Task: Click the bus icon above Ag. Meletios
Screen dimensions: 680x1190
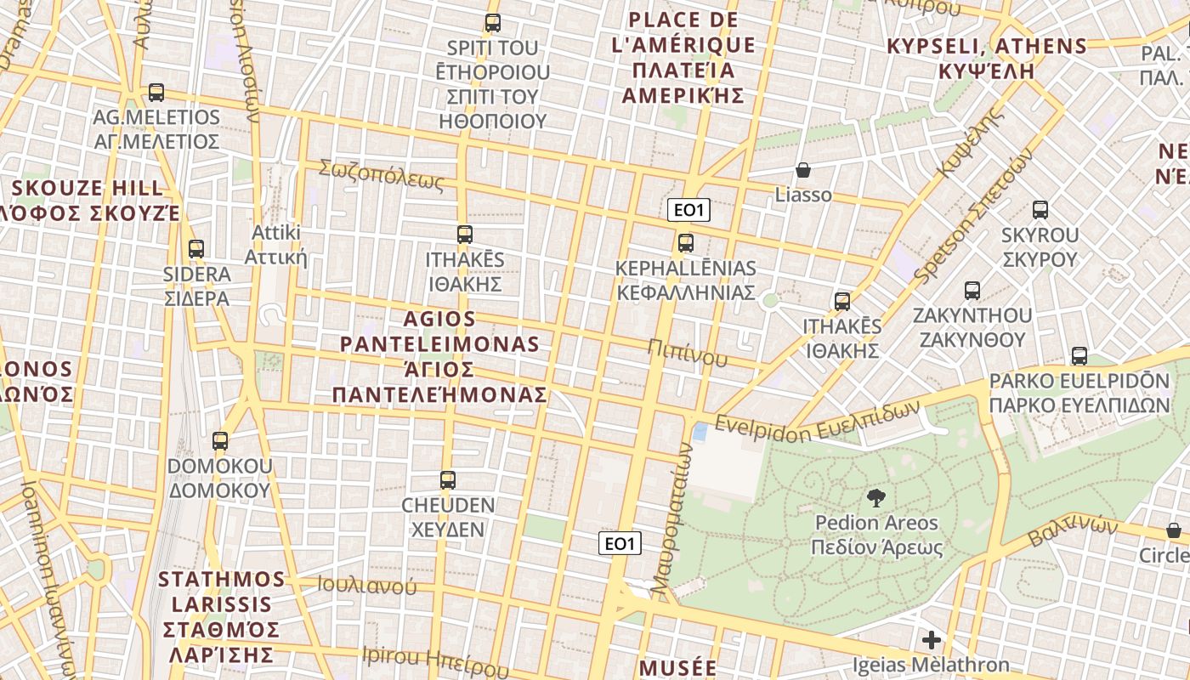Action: tap(156, 93)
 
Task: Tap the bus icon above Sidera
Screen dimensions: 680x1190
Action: tap(196, 249)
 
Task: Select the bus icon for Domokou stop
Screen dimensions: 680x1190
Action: tap(220, 441)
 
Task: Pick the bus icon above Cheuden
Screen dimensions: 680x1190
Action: tap(448, 480)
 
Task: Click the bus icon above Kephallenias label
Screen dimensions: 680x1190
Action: tap(686, 243)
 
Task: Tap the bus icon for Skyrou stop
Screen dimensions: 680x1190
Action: tap(1040, 210)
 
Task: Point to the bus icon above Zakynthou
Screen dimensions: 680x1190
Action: tap(972, 291)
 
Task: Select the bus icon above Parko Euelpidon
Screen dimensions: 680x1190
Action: tap(1079, 356)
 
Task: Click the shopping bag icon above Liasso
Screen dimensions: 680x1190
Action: tap(803, 171)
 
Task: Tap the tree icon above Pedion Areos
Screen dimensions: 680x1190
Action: tap(875, 497)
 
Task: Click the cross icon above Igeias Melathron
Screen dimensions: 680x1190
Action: tap(932, 639)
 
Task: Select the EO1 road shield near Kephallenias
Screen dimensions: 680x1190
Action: tap(688, 210)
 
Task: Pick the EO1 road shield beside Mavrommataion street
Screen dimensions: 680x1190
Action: tap(620, 543)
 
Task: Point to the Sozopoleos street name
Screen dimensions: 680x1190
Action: tap(382, 175)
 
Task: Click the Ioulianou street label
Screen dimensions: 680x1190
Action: tap(367, 586)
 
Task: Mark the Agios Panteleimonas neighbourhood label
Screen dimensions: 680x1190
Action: tap(439, 357)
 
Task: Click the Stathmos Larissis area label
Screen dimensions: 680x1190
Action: tap(221, 616)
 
